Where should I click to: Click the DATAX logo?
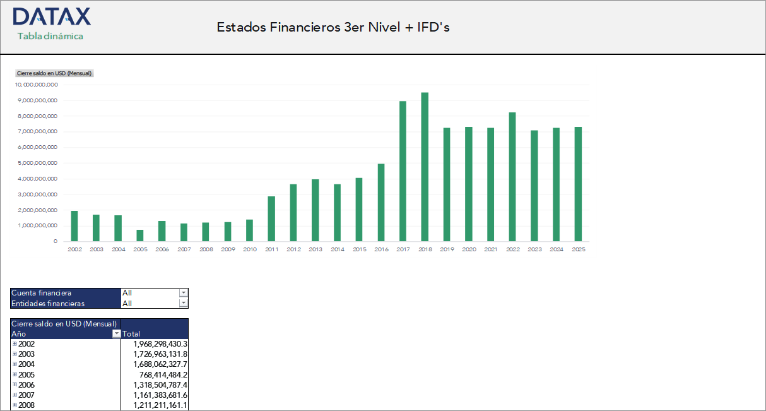51,17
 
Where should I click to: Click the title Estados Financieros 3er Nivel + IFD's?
333,27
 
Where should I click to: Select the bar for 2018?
425,167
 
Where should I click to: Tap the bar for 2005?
140,235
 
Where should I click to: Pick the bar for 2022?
512,177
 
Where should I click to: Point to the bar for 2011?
271,218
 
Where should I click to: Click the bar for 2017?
403,171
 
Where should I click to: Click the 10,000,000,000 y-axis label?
37,85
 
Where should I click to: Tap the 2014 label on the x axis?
337,250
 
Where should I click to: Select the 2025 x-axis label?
578,250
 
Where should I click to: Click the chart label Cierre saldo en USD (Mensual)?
54,73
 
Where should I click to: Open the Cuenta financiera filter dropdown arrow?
183,293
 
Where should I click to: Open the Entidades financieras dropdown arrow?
183,303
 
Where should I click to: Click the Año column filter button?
116,334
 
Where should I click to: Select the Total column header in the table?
132,334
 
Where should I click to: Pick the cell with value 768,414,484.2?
163,374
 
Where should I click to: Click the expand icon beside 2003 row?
15,354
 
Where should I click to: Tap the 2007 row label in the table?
27,395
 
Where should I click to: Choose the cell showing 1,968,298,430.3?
160,344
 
